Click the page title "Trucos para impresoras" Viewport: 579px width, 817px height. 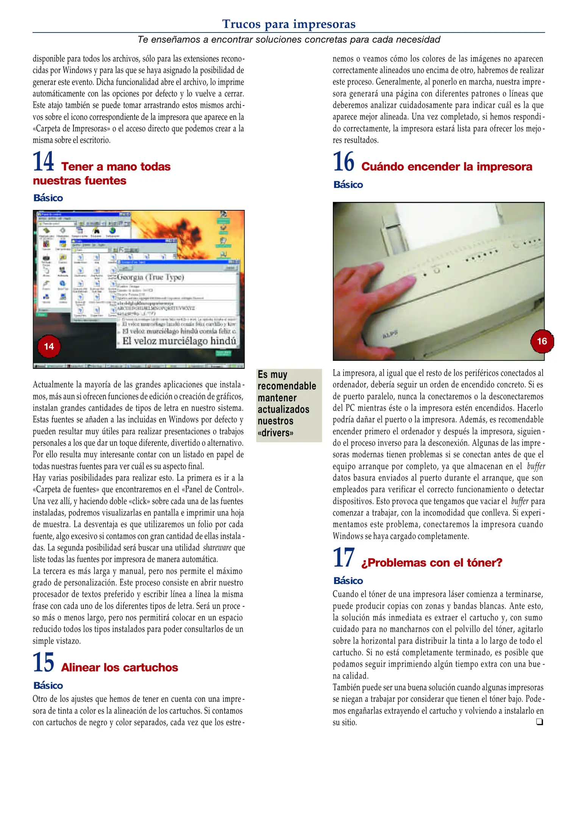point(289,24)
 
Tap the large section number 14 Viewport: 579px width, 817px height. point(44,162)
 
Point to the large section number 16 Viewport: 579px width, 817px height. point(343,162)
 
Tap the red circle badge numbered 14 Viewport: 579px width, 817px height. point(49,346)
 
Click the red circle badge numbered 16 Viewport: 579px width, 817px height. point(542,341)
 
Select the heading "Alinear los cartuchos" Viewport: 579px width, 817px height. point(119,667)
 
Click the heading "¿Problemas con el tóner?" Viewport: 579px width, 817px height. point(431,562)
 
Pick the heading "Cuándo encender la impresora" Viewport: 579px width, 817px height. point(446,166)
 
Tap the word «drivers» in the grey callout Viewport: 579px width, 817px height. point(275,433)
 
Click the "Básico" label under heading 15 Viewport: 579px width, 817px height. point(48,685)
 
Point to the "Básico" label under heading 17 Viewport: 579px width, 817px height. point(348,581)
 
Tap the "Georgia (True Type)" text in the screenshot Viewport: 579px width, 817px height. point(151,277)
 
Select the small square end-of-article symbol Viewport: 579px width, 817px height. point(539,722)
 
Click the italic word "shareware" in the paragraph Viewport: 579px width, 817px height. point(217,547)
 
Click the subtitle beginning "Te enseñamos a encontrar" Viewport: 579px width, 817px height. point(289,40)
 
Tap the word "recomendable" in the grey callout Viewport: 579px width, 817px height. point(287,386)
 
